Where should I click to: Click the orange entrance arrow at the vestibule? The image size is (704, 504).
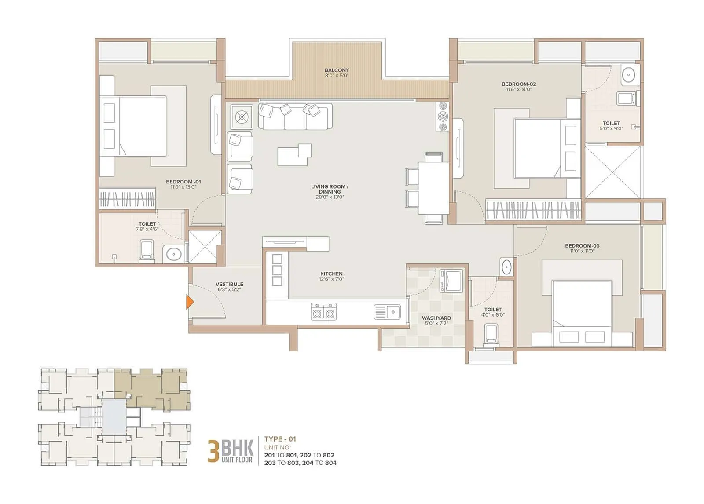[x=190, y=302]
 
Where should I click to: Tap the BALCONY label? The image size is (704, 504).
[x=337, y=70]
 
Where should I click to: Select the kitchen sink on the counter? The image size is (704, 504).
[x=387, y=312]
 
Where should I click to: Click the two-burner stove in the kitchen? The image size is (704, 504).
[x=323, y=312]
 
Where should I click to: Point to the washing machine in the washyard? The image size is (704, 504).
[x=451, y=281]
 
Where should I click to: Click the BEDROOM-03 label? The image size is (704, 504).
[x=582, y=246]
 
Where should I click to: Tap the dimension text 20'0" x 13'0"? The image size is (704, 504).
[x=330, y=197]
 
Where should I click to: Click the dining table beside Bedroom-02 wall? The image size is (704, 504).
[x=433, y=188]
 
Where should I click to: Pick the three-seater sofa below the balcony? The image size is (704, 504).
[x=295, y=117]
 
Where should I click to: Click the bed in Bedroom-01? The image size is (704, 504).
[x=136, y=126]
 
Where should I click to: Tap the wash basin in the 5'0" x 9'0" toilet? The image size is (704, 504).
[x=630, y=76]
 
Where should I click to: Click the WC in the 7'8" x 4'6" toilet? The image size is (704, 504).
[x=147, y=251]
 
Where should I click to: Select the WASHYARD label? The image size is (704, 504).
[x=436, y=318]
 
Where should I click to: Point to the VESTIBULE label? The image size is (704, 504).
[x=229, y=284]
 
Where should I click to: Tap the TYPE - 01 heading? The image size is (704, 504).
[x=280, y=439]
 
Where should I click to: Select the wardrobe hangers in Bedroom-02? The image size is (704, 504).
[x=533, y=210]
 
